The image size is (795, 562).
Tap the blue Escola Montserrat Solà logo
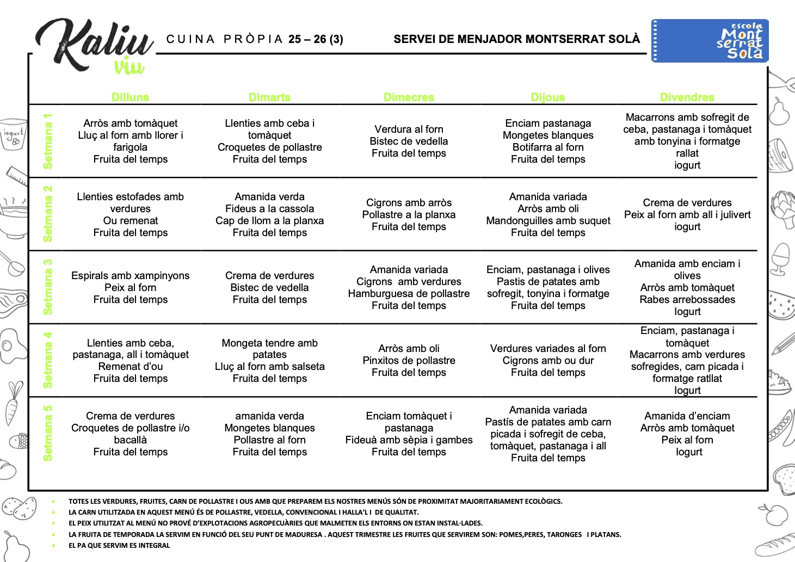(x=710, y=41)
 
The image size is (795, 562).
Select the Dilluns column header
(x=130, y=97)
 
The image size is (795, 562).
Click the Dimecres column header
(x=409, y=97)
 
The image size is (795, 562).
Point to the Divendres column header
(x=687, y=97)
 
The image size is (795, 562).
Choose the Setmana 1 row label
(x=48, y=141)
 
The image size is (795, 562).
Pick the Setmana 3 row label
(x=48, y=287)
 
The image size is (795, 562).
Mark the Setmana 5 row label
(x=48, y=433)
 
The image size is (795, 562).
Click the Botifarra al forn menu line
(x=548, y=147)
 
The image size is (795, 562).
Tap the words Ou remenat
(x=130, y=221)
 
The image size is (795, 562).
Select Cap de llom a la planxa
(x=269, y=221)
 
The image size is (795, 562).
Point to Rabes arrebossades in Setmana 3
(x=687, y=300)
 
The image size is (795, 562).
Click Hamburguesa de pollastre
(x=409, y=294)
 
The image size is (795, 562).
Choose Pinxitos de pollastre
(x=409, y=361)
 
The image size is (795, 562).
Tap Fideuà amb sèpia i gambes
(x=409, y=440)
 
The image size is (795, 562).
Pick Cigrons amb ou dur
(x=548, y=361)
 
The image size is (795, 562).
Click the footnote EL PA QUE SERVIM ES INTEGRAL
(x=119, y=546)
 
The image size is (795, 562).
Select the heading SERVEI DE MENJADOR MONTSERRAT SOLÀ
(x=516, y=39)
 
